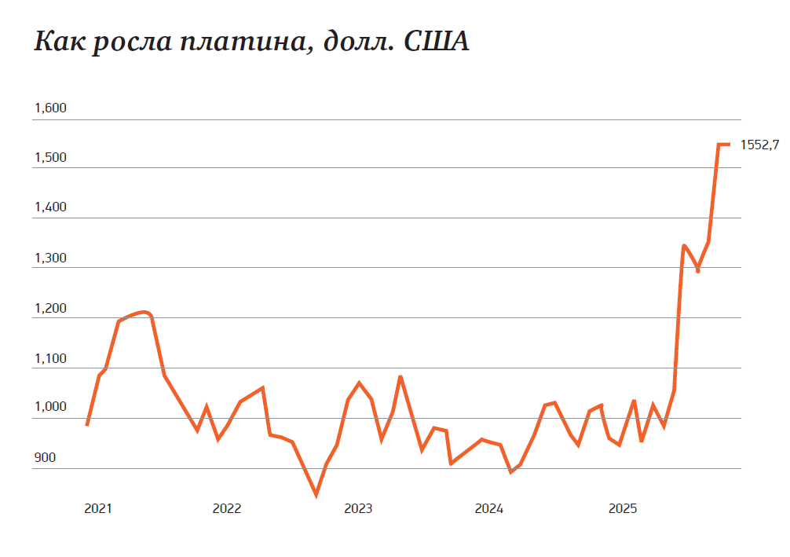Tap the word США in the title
tap(437, 41)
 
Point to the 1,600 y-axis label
tap(49, 108)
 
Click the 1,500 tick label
tap(49, 158)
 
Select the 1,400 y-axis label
tap(49, 208)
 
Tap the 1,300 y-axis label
tap(49, 258)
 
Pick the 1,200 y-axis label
tap(49, 309)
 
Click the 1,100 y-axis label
tap(49, 359)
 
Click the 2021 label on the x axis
tap(97, 508)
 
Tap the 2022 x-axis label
tap(227, 508)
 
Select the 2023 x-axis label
tap(358, 508)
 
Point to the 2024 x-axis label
tap(489, 508)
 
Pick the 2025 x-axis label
tap(623, 508)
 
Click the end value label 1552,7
tap(759, 145)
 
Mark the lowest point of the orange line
tap(316, 495)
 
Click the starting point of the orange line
tap(87, 425)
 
